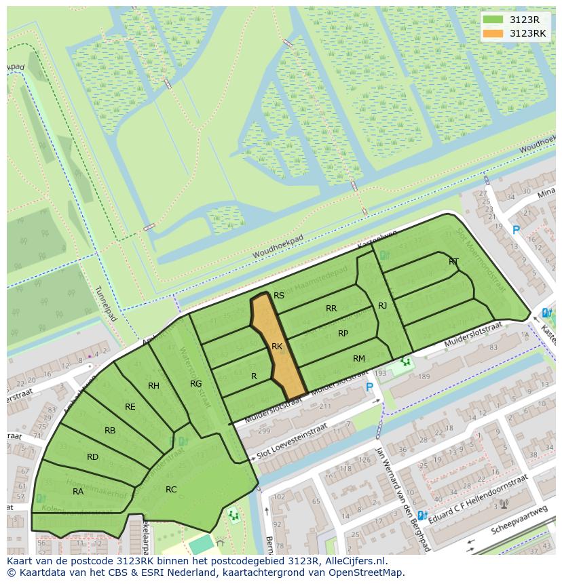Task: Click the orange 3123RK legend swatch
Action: click(x=494, y=33)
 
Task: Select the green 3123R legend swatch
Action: click(x=494, y=20)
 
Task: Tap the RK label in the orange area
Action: click(x=277, y=347)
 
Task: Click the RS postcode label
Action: click(x=279, y=296)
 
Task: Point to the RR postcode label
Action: click(x=331, y=309)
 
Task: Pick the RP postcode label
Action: click(x=343, y=334)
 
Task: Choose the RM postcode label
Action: click(x=359, y=359)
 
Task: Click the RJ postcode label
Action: click(x=382, y=306)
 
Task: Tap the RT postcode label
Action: click(x=453, y=262)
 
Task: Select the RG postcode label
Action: click(x=196, y=384)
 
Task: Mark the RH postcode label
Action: click(x=153, y=386)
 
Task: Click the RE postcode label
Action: click(x=130, y=407)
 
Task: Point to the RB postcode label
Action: click(x=110, y=431)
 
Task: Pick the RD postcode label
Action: click(x=93, y=457)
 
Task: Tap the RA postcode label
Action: click(x=78, y=492)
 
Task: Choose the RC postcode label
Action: click(x=171, y=490)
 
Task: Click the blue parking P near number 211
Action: click(x=369, y=387)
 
